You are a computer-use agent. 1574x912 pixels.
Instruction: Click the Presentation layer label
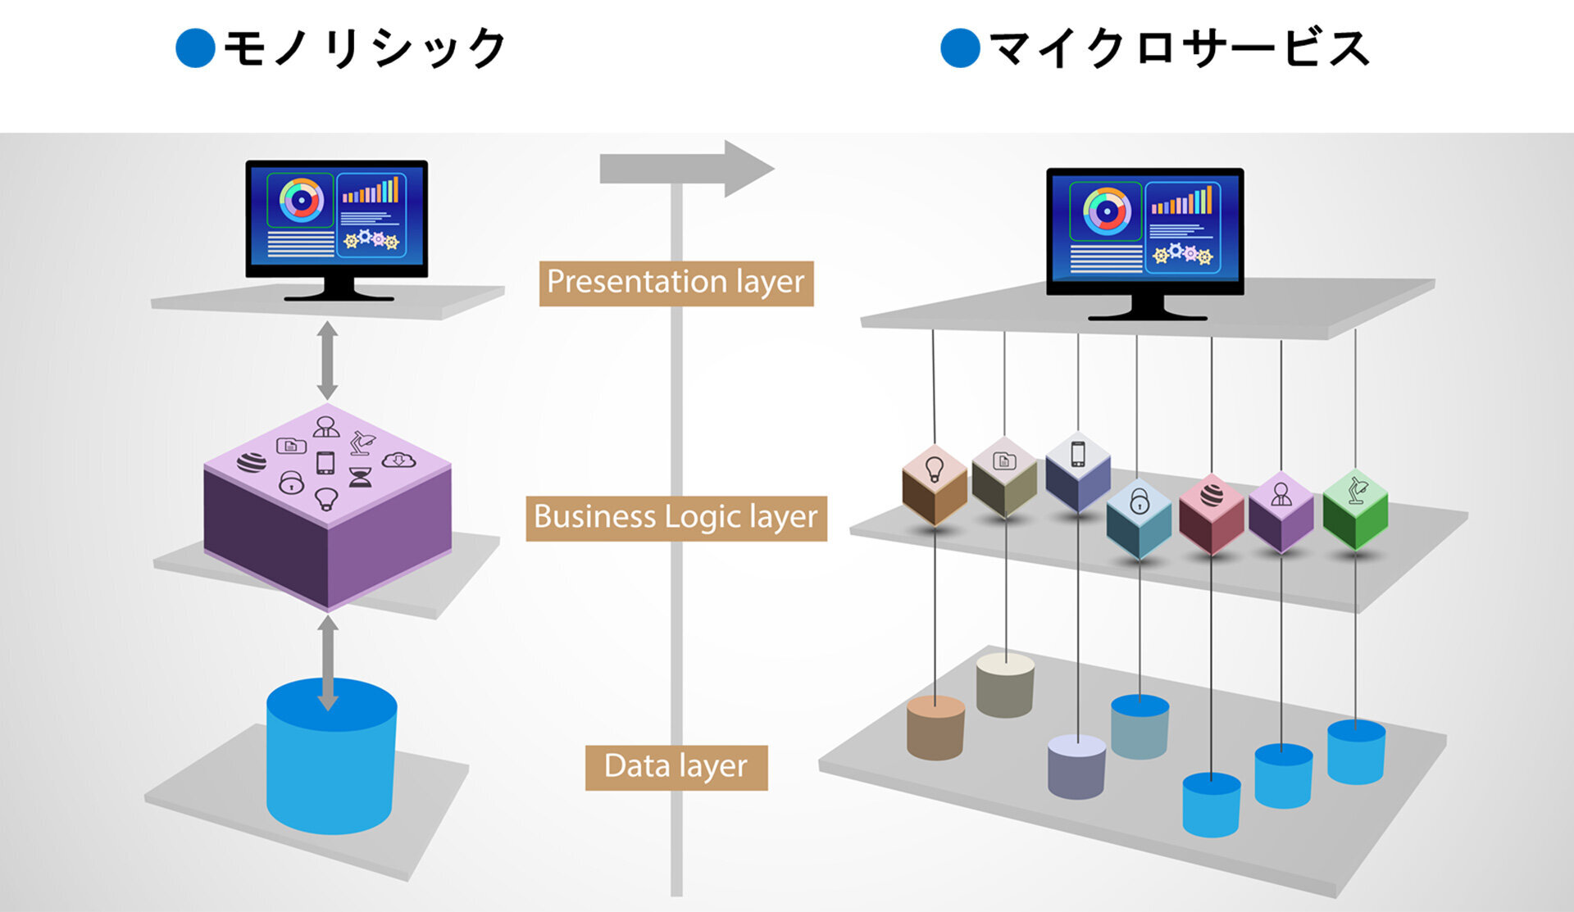(x=676, y=283)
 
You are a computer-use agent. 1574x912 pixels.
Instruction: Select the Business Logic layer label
(x=676, y=518)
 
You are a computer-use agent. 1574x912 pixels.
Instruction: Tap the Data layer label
(x=676, y=767)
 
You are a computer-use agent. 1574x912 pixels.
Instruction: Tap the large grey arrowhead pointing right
(x=746, y=169)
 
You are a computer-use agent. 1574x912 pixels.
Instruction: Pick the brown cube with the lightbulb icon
(x=935, y=485)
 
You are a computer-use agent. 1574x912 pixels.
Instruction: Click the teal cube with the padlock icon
(x=1139, y=518)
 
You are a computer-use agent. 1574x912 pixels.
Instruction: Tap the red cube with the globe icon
(x=1211, y=515)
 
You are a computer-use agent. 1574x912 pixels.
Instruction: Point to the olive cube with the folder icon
(x=1004, y=477)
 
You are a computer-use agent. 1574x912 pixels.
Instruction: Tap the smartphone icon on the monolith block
(x=325, y=463)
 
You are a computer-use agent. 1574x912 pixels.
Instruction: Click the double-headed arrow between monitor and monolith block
(x=327, y=361)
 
